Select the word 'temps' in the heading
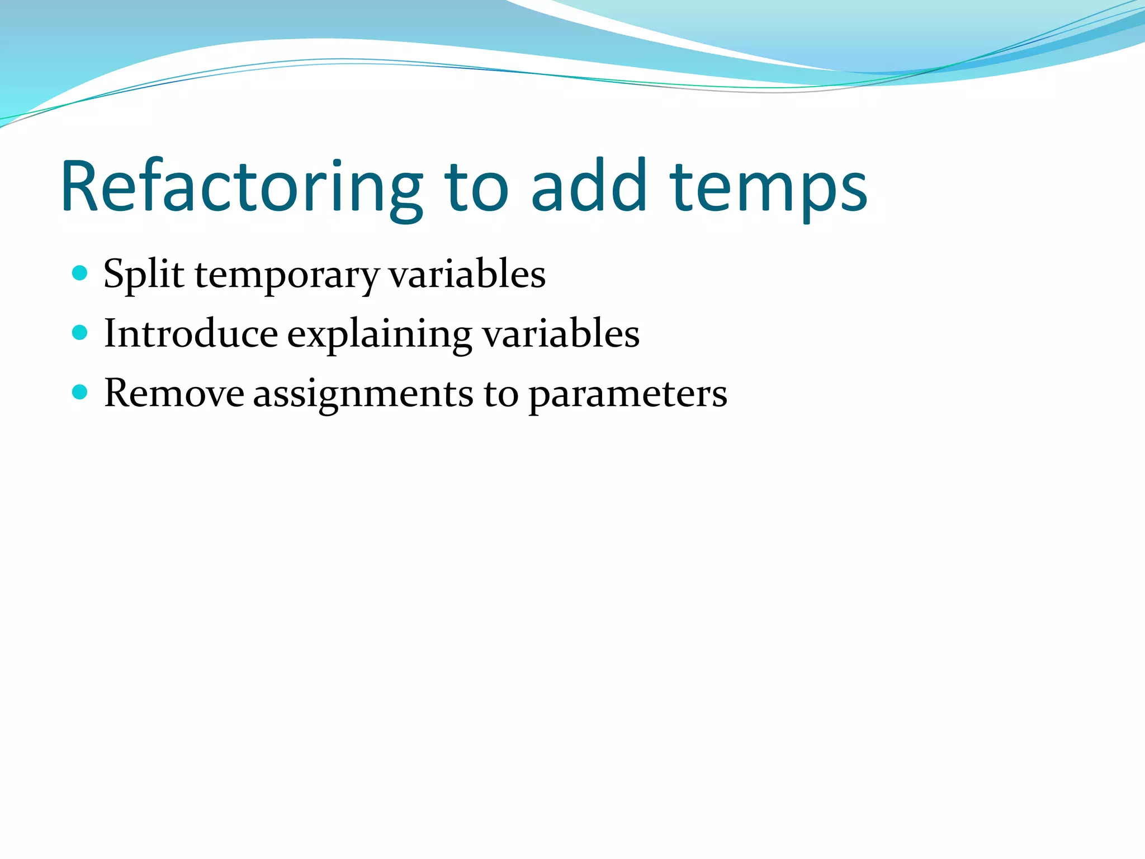click(768, 187)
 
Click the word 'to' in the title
click(476, 187)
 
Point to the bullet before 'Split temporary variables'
click(80, 273)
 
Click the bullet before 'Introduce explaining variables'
click(80, 333)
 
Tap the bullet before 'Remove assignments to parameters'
click(80, 393)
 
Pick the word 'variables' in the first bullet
click(467, 274)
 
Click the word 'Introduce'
click(191, 334)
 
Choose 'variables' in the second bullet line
click(561, 334)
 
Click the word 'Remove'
click(174, 393)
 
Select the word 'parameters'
click(628, 395)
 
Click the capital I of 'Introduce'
click(110, 333)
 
